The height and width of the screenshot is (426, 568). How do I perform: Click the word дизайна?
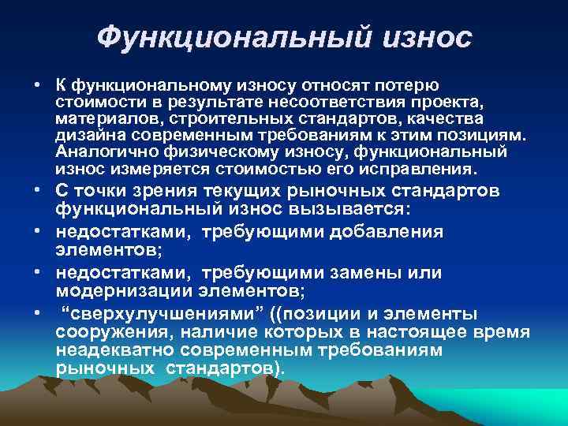(85, 136)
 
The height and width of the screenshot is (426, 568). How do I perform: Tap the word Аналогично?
(97, 153)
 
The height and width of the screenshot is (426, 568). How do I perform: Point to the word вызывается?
(343, 211)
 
